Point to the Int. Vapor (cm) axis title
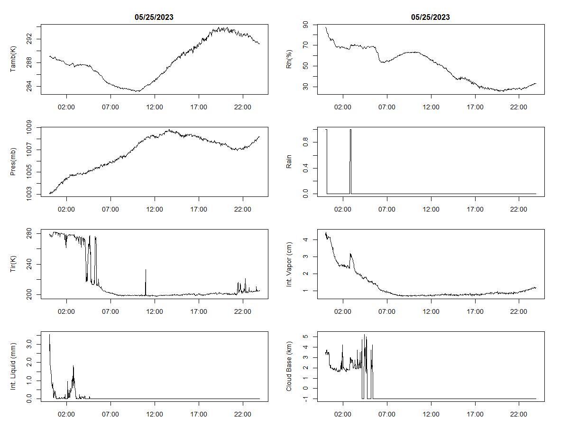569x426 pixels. click(289, 264)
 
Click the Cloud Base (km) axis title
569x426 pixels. click(289, 367)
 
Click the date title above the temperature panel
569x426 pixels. click(154, 17)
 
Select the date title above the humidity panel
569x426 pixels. click(431, 17)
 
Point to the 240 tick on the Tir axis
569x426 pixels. click(30, 264)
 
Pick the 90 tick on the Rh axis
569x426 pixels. click(306, 25)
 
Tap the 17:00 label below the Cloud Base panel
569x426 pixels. click(475, 415)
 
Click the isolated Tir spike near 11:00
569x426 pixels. click(146, 270)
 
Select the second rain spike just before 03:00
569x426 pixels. click(350, 130)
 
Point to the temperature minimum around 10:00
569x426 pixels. click(138, 91)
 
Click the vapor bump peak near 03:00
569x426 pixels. click(350, 254)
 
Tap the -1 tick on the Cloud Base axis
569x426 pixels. click(306, 399)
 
